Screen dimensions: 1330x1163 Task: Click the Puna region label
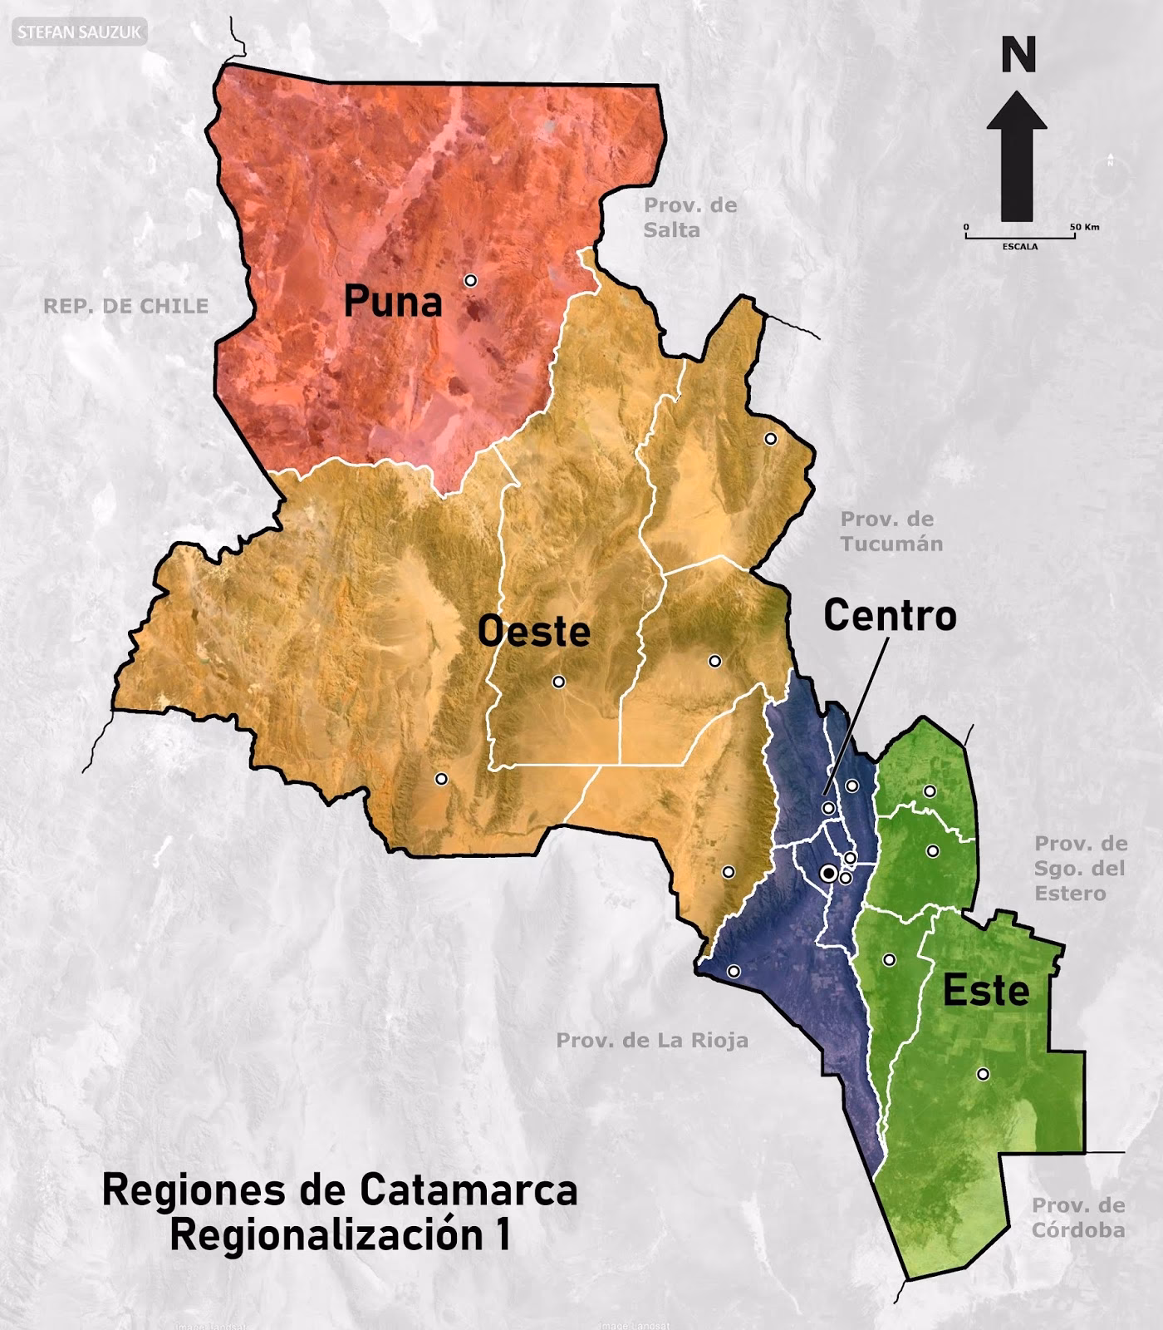click(393, 302)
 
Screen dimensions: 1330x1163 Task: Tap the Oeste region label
click(533, 632)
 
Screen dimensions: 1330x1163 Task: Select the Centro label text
click(890, 616)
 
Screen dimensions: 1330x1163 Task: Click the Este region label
click(986, 991)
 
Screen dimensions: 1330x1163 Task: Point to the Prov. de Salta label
click(689, 218)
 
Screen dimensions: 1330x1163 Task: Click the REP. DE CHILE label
click(125, 306)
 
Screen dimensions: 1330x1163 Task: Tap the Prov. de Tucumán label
click(891, 531)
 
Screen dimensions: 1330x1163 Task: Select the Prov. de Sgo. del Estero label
click(1080, 869)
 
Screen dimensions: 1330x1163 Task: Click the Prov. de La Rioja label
click(652, 1040)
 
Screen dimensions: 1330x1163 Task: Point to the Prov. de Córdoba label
click(1078, 1218)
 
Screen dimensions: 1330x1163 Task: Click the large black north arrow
click(1017, 158)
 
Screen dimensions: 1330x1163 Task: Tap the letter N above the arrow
click(1018, 56)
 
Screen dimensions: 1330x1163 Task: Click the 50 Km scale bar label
click(1084, 227)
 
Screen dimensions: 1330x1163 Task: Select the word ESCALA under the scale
click(1019, 247)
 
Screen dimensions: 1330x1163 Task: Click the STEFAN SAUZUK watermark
click(80, 33)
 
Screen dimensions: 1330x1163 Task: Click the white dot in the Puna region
click(470, 281)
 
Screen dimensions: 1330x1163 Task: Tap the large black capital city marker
click(827, 873)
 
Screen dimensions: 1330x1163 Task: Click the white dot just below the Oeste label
click(558, 682)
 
